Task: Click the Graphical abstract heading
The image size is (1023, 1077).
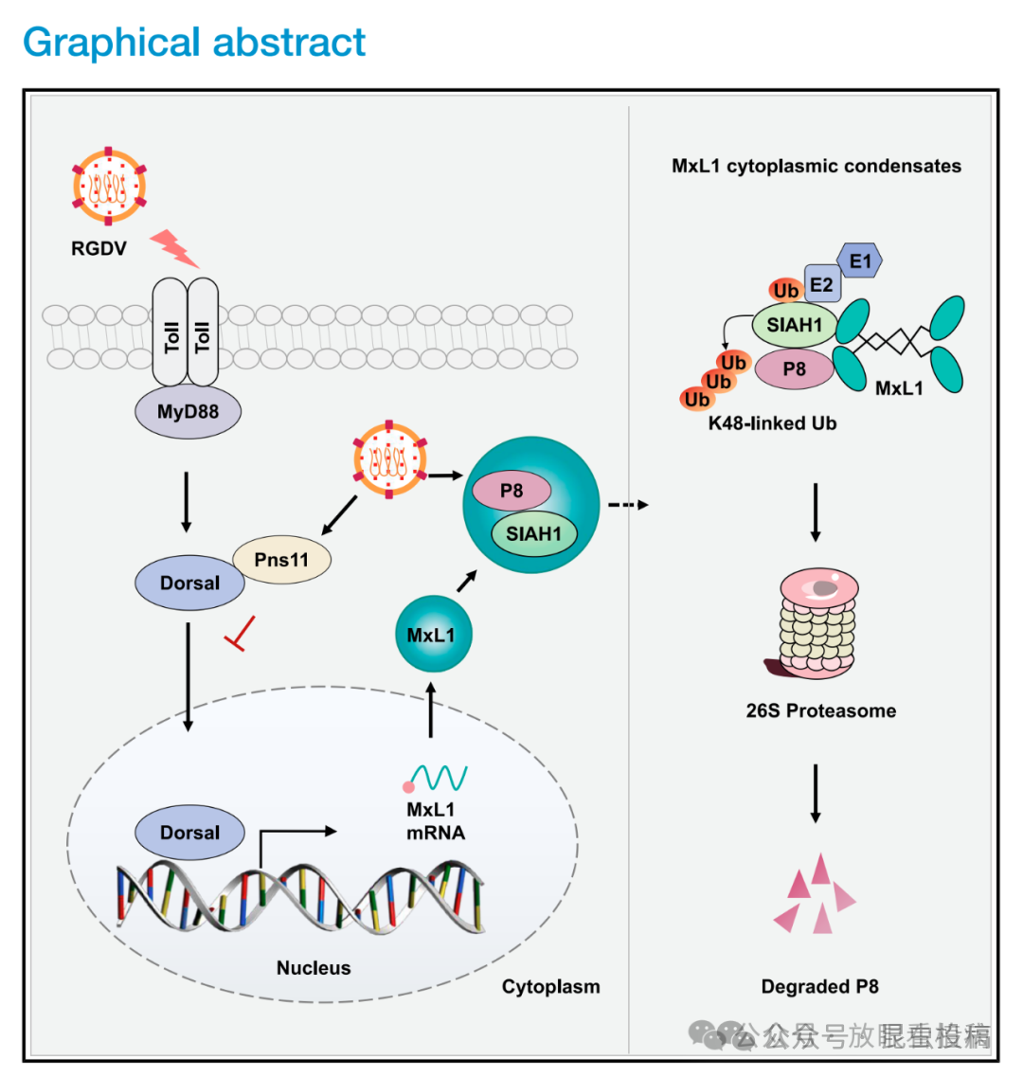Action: click(194, 43)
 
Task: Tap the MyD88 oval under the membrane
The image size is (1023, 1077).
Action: click(188, 412)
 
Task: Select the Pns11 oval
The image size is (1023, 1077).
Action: click(281, 560)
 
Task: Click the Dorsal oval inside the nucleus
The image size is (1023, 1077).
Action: click(189, 833)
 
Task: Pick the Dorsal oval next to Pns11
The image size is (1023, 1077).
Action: click(189, 583)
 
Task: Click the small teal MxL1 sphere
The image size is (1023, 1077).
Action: click(432, 635)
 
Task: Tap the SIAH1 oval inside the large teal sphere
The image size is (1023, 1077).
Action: click(533, 534)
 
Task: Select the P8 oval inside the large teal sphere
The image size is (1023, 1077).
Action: click(511, 491)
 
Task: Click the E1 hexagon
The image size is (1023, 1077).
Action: click(860, 260)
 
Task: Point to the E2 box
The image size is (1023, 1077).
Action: click(821, 284)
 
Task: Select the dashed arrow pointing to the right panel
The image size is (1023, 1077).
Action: click(628, 505)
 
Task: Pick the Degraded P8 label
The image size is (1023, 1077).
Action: click(819, 986)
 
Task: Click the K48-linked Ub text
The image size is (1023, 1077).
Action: click(772, 423)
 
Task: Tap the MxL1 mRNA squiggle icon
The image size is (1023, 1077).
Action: click(437, 779)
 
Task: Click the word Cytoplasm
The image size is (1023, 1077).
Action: click(550, 986)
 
